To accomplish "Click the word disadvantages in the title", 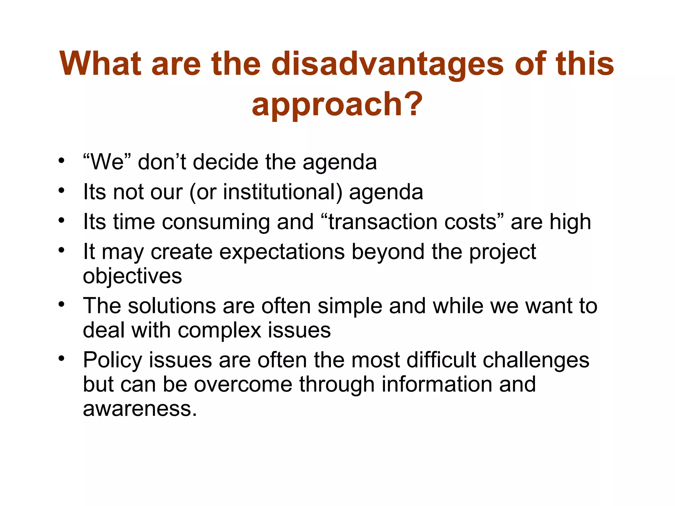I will pyautogui.click(x=388, y=64).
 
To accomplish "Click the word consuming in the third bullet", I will pyautogui.click(x=216, y=222).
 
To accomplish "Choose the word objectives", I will pyautogui.click(x=132, y=276).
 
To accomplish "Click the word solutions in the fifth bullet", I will pyautogui.click(x=171, y=306).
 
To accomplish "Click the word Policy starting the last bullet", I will pyautogui.click(x=112, y=360).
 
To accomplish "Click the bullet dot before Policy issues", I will pyautogui.click(x=61, y=358).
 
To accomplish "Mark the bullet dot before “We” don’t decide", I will pyautogui.click(x=61, y=161).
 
